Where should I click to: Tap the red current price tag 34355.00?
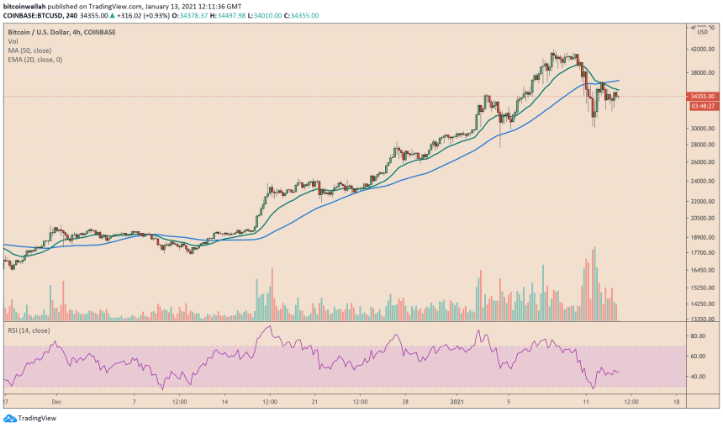pyautogui.click(x=703, y=97)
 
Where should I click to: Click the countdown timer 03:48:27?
pyautogui.click(x=703, y=106)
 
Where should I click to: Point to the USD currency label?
pyautogui.click(x=703, y=33)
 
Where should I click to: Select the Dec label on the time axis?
pyautogui.click(x=56, y=402)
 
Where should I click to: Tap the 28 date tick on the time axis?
pyautogui.click(x=404, y=402)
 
